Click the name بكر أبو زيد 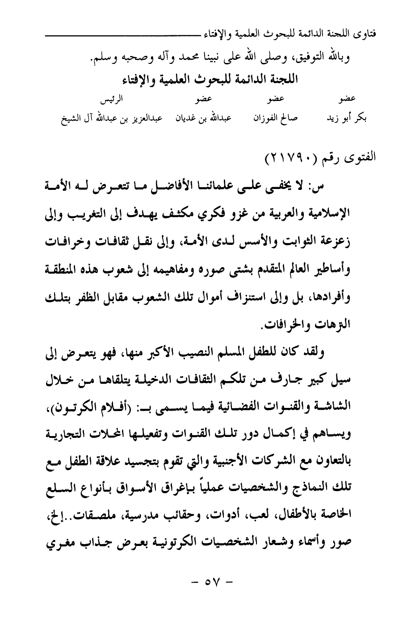click(x=350, y=118)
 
